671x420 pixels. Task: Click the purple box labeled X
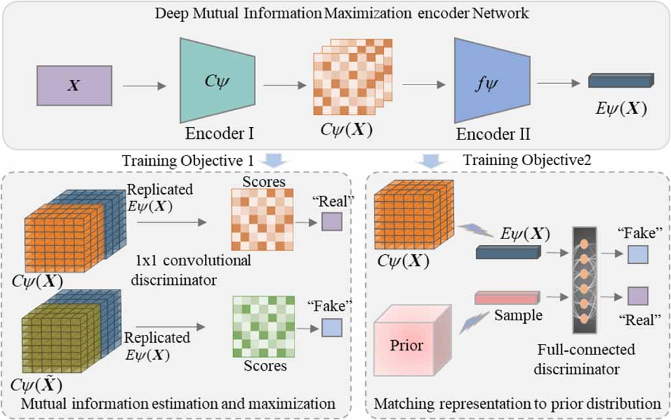click(75, 85)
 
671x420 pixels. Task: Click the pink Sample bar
click(507, 297)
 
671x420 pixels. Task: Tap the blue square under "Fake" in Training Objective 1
click(332, 327)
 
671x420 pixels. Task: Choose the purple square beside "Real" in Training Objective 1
click(331, 223)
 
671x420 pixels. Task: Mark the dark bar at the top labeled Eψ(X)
click(620, 81)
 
